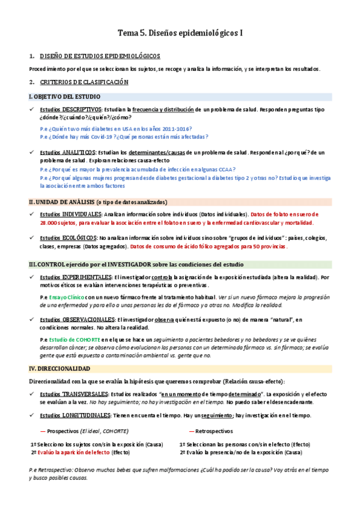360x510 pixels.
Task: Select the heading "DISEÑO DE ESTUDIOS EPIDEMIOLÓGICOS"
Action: pos(100,56)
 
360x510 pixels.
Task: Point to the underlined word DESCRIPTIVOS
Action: pos(82,109)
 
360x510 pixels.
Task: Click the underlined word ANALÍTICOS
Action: pos(79,153)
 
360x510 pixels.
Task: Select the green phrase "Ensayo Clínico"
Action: pos(66,296)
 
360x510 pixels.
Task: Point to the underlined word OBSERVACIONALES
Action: pos(87,319)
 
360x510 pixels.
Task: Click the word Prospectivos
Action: pos(64,431)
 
